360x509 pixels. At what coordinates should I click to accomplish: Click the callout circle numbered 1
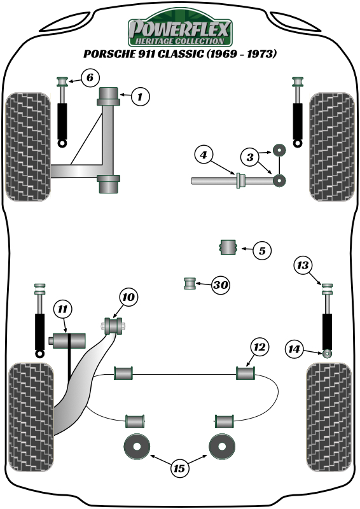140,97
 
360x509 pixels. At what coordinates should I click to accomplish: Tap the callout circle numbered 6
90,78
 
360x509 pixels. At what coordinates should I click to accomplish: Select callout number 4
204,155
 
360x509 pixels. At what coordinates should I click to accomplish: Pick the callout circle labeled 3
250,157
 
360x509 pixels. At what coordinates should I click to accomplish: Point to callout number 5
262,251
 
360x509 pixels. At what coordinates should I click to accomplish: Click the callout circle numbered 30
221,284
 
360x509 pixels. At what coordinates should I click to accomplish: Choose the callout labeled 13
303,265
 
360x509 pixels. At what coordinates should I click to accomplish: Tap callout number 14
294,349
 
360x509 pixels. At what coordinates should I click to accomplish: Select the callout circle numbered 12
260,347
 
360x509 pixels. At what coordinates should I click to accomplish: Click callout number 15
179,468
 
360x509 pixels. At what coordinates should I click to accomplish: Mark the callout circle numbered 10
129,296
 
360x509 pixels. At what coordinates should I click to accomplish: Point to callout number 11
62,309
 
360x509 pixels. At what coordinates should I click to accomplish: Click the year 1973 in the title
261,53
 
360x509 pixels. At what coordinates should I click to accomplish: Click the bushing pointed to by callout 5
228,247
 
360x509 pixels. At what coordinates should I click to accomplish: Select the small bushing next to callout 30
190,283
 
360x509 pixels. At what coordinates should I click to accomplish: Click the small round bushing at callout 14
328,353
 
